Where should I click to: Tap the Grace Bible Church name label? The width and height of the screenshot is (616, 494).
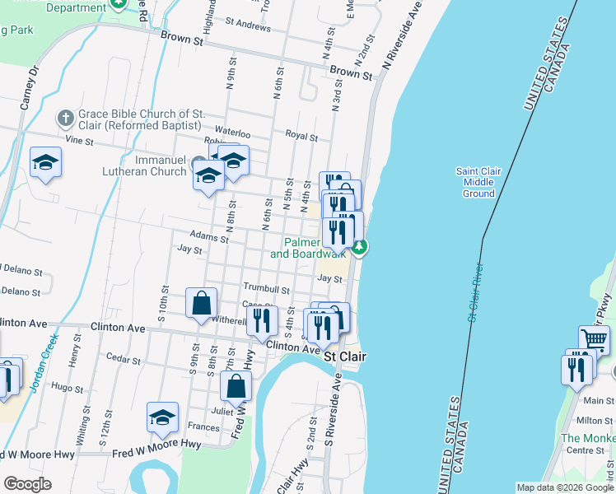click(x=139, y=119)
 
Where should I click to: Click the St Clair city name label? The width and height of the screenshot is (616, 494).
click(x=344, y=357)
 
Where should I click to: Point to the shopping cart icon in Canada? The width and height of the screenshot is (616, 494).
click(x=595, y=338)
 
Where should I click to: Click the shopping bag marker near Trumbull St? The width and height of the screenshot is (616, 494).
click(x=202, y=304)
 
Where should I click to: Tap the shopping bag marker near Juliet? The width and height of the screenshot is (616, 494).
click(x=236, y=386)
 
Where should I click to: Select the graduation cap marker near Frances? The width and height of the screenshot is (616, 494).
click(x=163, y=417)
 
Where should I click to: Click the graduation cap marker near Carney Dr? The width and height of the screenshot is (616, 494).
click(x=45, y=162)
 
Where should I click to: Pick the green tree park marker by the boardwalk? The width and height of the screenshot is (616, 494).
click(x=359, y=245)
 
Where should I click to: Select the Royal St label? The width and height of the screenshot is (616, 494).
click(x=301, y=135)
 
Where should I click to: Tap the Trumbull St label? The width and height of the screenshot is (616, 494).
click(x=266, y=288)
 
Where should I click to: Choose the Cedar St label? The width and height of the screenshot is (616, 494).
click(x=124, y=359)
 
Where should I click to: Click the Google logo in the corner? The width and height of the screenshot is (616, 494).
click(x=27, y=483)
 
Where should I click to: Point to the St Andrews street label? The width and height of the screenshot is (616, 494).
click(x=248, y=26)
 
